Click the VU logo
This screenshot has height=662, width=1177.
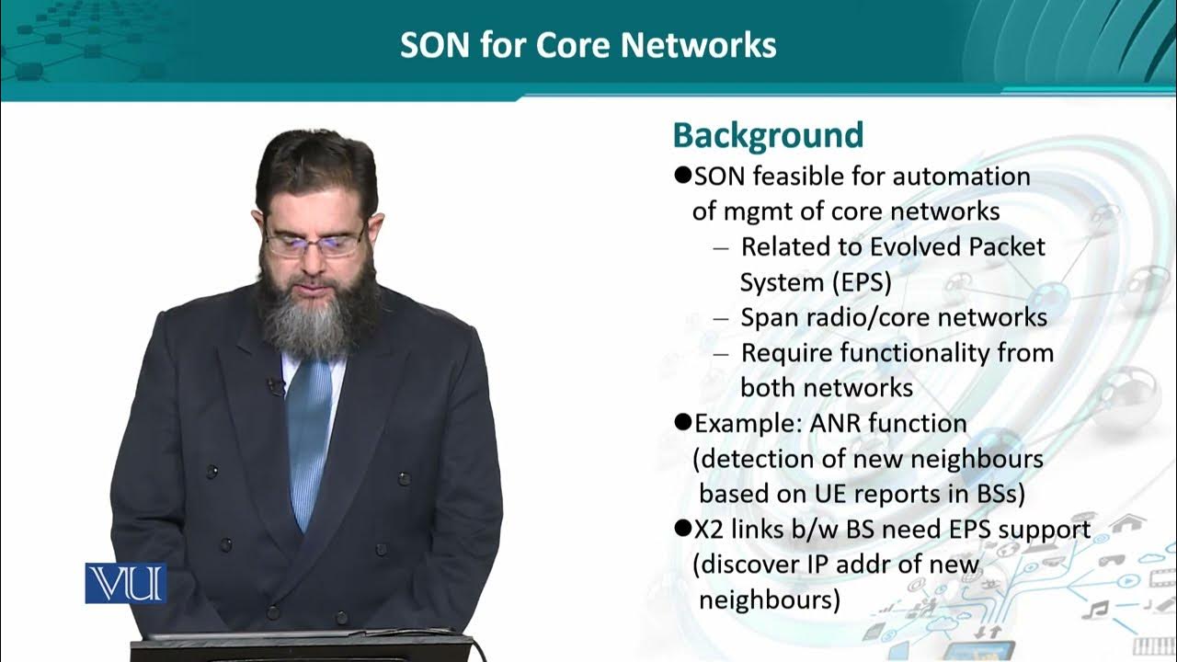point(126,583)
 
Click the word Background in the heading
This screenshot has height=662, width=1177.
point(768,135)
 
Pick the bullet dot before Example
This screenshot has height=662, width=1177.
point(682,422)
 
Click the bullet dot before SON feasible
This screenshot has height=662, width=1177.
point(682,174)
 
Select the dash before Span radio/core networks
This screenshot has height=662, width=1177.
point(721,318)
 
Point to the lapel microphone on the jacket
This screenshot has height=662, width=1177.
point(274,387)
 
